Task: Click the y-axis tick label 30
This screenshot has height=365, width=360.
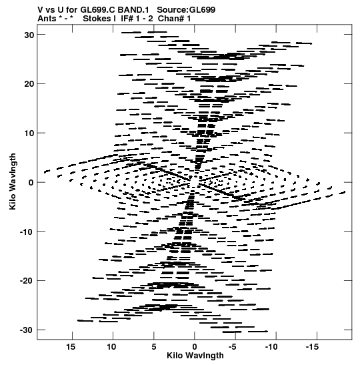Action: point(29,35)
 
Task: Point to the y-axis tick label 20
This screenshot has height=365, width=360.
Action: point(29,84)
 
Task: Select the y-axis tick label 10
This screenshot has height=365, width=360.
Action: point(29,133)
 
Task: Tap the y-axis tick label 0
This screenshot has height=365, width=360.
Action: point(31,183)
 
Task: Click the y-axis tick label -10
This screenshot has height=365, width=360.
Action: point(27,232)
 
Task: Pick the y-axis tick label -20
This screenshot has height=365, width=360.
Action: point(27,281)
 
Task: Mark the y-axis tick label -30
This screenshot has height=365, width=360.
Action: point(27,330)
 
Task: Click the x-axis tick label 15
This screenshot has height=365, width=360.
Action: point(71,347)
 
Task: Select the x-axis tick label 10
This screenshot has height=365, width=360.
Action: point(111,347)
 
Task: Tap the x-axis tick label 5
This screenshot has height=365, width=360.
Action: point(154,347)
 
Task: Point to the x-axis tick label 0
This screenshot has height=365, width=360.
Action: point(195,347)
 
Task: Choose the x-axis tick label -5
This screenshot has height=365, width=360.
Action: point(233,347)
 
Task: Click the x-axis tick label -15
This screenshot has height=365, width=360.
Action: point(312,347)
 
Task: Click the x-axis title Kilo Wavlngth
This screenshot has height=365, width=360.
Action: point(195,356)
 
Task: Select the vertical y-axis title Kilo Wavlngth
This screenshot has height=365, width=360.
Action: point(13,181)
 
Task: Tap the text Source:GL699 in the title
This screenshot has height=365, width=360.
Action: point(186,10)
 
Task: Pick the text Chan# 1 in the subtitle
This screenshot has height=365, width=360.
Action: point(174,19)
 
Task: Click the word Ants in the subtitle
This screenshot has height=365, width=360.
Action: point(47,19)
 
